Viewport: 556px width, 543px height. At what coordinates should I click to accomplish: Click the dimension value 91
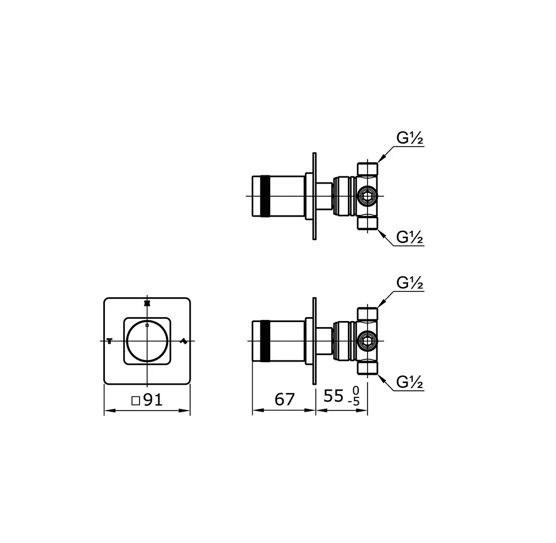(153, 400)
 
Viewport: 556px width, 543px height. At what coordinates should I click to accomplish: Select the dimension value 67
(285, 400)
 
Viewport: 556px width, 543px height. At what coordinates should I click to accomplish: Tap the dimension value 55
(333, 396)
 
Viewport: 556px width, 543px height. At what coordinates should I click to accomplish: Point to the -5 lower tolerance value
(355, 402)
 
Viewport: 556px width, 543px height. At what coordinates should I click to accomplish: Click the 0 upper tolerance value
(356, 391)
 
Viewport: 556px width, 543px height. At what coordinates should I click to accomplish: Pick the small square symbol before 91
(136, 401)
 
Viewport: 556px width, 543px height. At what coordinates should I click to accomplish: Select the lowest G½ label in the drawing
(410, 381)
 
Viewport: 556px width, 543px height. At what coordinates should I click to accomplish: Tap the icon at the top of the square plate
(147, 303)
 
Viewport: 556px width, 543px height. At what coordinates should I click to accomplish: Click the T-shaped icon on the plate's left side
(109, 341)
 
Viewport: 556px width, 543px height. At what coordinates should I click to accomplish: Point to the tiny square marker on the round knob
(147, 326)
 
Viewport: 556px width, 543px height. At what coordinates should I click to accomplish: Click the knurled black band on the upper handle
(266, 196)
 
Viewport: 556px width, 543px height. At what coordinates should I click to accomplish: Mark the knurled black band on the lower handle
(266, 341)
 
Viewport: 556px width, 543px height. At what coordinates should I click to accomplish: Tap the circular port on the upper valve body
(366, 196)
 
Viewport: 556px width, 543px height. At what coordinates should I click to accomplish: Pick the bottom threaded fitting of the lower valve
(368, 368)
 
